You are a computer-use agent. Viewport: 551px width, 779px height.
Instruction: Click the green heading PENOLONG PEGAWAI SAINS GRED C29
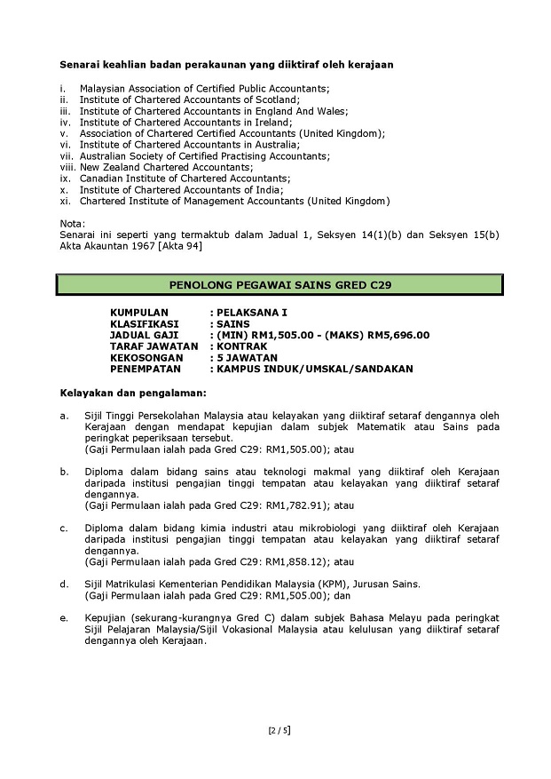click(x=279, y=285)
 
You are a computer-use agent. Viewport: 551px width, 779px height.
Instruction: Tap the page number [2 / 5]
click(x=279, y=731)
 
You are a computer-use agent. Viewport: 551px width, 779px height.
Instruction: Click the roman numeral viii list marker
click(x=67, y=166)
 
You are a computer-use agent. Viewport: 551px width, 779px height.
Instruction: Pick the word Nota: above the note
click(x=72, y=223)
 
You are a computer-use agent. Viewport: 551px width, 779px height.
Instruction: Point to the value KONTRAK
click(x=240, y=346)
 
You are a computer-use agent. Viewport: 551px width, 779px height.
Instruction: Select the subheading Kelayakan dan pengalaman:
click(x=132, y=391)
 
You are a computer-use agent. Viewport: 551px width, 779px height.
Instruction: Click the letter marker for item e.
click(x=63, y=616)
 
